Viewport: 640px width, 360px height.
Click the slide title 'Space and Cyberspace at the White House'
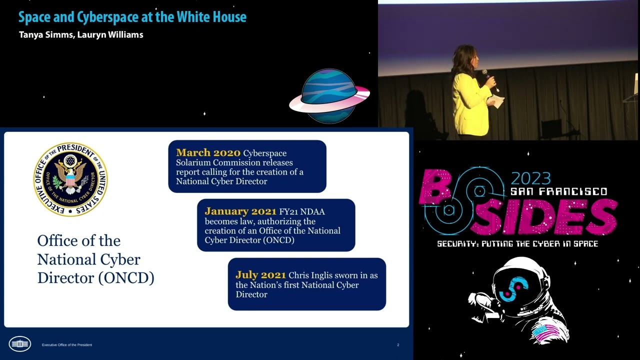coord(132,17)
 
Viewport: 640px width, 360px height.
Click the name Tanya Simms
coord(46,35)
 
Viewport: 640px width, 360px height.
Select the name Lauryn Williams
coord(110,35)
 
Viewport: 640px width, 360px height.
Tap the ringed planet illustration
coord(329,96)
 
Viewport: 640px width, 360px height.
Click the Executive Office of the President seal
coord(70,179)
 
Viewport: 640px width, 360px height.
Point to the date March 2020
coord(208,153)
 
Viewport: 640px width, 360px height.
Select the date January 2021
coord(240,211)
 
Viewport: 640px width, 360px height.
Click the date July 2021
coord(260,275)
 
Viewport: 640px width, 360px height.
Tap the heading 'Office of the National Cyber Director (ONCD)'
coord(95,259)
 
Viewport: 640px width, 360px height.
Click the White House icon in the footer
coord(20,344)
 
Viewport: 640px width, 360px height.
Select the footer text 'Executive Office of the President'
coord(67,345)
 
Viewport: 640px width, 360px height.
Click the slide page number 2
coord(398,345)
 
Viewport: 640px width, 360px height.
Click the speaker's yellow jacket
coord(469,105)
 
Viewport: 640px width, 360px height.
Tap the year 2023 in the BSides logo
coord(530,178)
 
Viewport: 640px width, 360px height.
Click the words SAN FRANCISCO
coord(558,192)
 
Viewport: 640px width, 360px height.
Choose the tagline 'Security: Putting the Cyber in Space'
coord(517,244)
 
